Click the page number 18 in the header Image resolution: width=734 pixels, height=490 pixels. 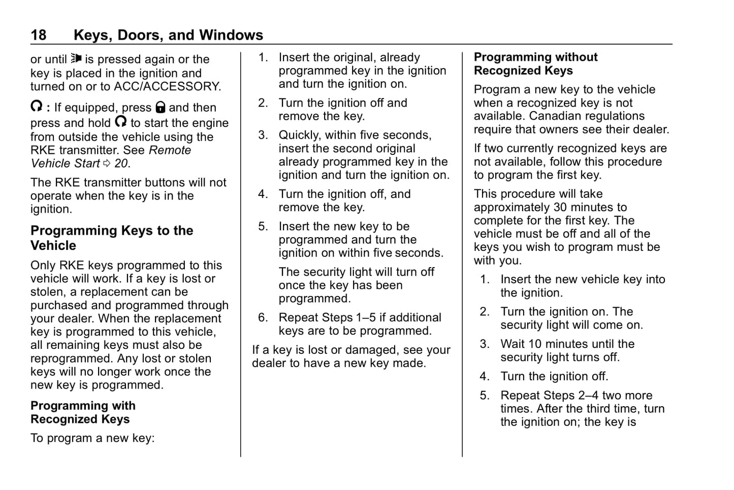[x=38, y=35]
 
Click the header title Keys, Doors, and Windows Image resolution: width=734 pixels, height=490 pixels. [x=168, y=35]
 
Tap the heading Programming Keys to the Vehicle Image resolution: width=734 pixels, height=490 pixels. [x=112, y=238]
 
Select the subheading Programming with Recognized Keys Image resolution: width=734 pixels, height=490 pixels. [x=83, y=412]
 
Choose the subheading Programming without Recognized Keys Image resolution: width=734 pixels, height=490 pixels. [x=535, y=63]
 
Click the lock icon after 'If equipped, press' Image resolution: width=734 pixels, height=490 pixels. [x=161, y=107]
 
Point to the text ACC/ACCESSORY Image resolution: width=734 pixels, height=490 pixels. [x=167, y=86]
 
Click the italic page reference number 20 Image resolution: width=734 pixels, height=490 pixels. [x=121, y=164]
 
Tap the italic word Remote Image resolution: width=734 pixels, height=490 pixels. [x=170, y=150]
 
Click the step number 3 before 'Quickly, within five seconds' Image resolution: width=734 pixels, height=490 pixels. [x=263, y=135]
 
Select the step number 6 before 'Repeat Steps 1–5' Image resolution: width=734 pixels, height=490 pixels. [x=263, y=317]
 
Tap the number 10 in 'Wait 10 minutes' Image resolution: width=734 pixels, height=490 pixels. [x=535, y=344]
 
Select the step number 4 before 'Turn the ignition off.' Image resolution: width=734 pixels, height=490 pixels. [x=484, y=376]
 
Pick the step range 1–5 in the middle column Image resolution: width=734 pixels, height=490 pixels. [x=366, y=317]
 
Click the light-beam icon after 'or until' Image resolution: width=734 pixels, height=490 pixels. [x=76, y=58]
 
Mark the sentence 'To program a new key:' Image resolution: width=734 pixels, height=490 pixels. [x=92, y=438]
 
